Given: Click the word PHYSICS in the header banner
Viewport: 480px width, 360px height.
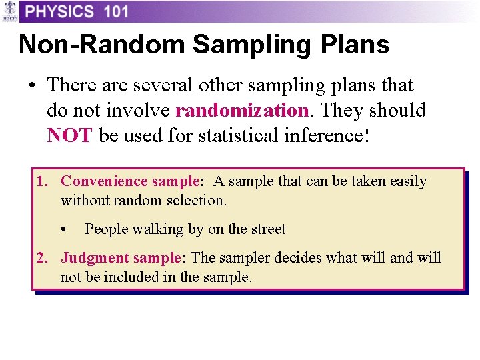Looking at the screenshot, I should (60, 11).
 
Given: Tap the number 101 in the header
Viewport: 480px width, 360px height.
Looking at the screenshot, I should (117, 11).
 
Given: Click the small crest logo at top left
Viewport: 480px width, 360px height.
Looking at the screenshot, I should (9, 11).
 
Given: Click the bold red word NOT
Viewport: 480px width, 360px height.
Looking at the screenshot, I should (69, 135).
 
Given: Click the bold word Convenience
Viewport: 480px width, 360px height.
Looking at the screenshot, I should (104, 181).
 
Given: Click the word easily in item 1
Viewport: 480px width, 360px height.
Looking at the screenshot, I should (407, 181).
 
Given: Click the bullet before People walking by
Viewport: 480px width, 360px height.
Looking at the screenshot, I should (63, 229).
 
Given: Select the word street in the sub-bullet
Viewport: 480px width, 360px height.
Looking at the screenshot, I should (267, 229).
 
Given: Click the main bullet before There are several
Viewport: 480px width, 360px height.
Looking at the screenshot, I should (31, 86).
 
